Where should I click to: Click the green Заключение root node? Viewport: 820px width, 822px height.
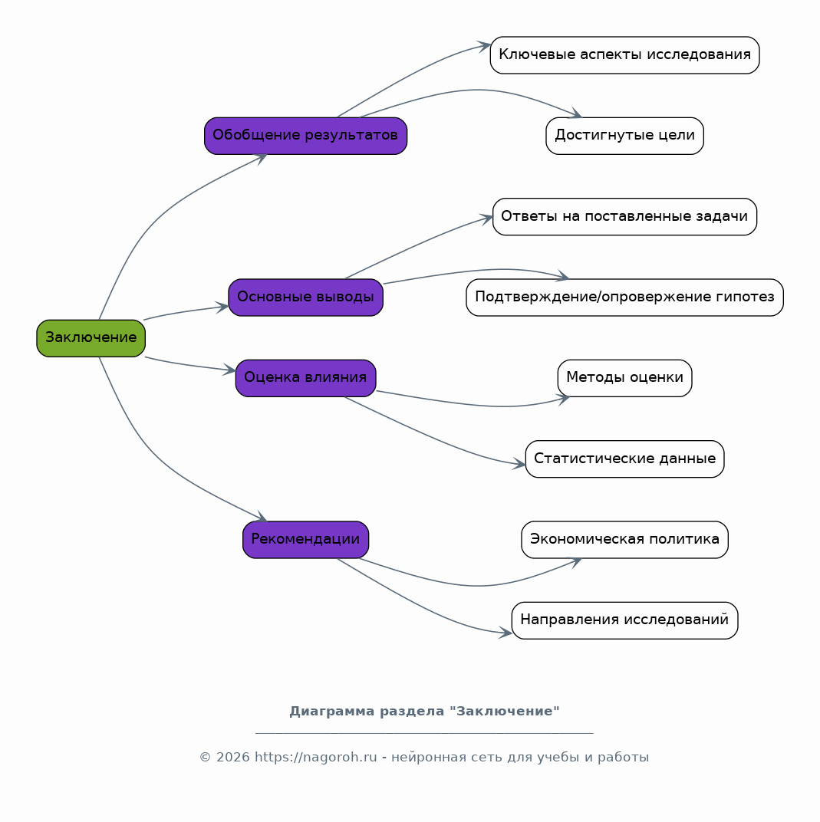[91, 338]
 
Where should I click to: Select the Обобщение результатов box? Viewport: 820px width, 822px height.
[305, 136]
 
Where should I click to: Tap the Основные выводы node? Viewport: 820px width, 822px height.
[305, 298]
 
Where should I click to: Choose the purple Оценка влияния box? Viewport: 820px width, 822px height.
[305, 378]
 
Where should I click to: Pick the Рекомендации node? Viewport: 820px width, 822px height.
[305, 540]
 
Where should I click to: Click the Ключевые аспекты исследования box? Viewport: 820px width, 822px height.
[624, 55]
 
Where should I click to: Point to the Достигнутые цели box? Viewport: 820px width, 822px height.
[624, 136]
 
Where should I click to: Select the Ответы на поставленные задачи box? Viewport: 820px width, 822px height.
[624, 216]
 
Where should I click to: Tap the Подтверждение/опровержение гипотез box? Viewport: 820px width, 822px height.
[624, 298]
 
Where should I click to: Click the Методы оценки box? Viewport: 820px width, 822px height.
[624, 378]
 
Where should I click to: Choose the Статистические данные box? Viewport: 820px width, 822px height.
[624, 459]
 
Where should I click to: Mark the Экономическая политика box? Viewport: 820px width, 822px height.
[624, 540]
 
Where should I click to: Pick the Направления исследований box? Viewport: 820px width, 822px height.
[624, 620]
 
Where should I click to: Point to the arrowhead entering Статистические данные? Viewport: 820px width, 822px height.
[519, 463]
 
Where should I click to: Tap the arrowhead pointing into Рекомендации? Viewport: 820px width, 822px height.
[262, 517]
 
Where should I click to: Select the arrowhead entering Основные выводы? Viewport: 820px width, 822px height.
[222, 307]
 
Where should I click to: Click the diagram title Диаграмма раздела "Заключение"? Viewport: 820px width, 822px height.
[425, 712]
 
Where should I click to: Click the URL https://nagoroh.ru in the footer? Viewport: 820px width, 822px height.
[315, 758]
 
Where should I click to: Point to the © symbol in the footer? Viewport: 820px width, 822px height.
[205, 758]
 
